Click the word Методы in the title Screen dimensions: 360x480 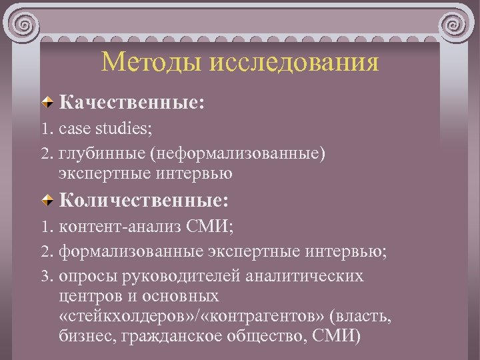[x=151, y=63]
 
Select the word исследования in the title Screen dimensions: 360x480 [x=293, y=63]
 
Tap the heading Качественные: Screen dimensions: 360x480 [x=131, y=103]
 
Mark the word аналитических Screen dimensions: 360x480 [x=307, y=276]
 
